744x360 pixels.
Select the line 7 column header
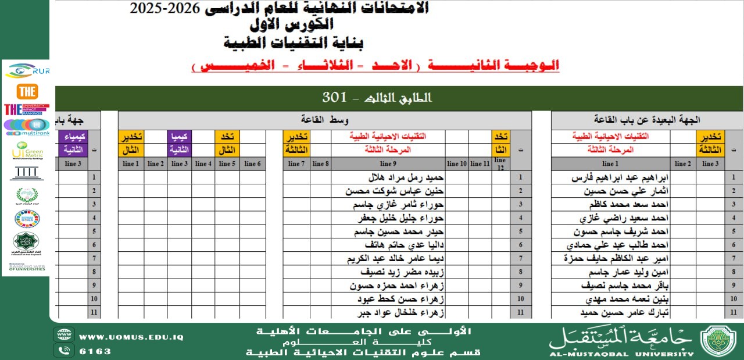[296, 164]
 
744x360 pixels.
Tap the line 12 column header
[500, 163]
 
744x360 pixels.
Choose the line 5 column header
[227, 164]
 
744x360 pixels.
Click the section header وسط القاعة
[325, 120]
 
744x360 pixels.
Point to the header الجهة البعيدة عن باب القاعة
[646, 120]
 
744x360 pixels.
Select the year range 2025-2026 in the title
[164, 8]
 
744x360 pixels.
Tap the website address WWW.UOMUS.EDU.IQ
[131, 337]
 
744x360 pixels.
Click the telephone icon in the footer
[64, 350]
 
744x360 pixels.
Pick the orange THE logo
[27, 91]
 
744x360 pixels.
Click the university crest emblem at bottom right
[718, 340]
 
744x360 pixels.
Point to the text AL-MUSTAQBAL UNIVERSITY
[621, 353]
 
